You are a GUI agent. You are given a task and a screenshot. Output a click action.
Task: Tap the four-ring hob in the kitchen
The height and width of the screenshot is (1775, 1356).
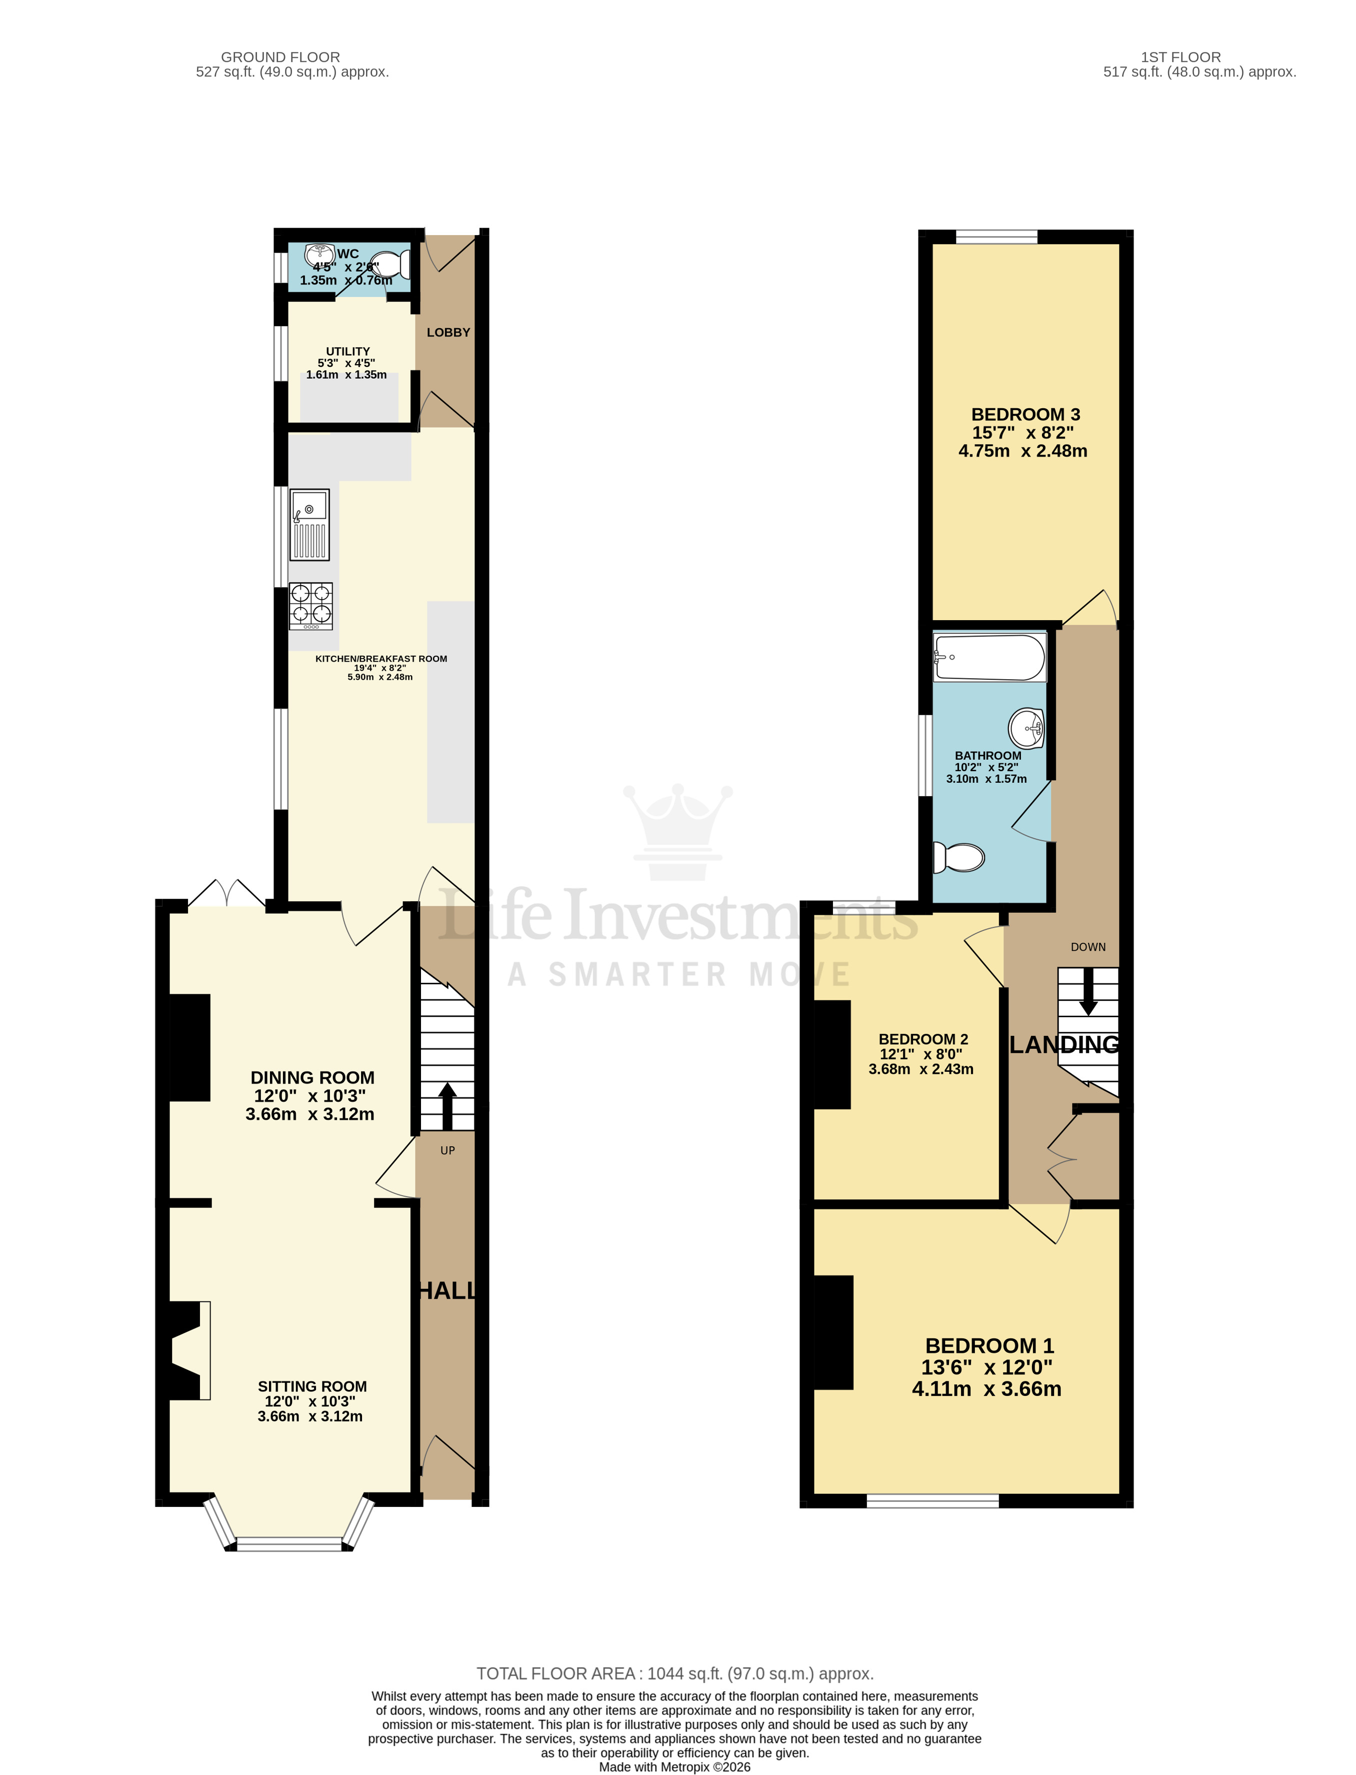[x=311, y=605]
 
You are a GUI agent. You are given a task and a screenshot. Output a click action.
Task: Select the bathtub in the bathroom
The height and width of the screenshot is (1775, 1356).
[x=989, y=657]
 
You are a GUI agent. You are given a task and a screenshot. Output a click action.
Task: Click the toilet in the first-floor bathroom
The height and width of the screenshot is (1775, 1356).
[x=959, y=857]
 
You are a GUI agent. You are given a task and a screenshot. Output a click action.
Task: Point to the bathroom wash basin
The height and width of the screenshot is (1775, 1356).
[x=1026, y=728]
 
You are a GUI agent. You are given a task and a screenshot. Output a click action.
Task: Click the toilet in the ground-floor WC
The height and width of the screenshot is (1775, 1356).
[x=393, y=265]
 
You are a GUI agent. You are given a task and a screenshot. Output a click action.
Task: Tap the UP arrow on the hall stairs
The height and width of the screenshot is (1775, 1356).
[x=446, y=1106]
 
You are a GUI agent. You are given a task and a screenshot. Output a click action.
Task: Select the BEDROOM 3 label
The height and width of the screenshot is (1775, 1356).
[x=1025, y=414]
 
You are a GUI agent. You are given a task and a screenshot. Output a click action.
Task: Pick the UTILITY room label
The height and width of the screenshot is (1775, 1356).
[x=348, y=351]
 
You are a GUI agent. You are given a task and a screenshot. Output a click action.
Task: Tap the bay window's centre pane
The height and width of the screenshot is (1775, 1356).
[x=289, y=1546]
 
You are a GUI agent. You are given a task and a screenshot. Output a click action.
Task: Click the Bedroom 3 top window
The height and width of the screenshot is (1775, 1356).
[x=997, y=237]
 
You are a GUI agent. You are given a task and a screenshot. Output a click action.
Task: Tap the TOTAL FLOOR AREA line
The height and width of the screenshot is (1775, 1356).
[x=675, y=1673]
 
